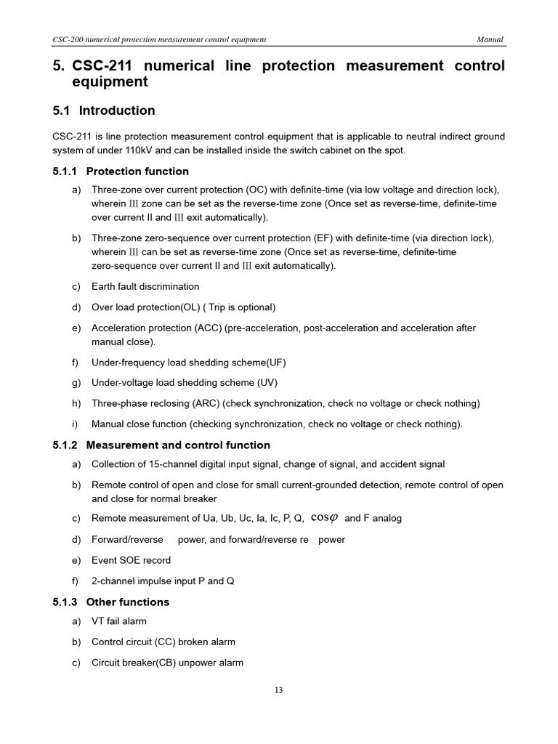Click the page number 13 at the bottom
pos(279,690)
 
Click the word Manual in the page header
pos(490,39)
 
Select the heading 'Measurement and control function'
pos(178,445)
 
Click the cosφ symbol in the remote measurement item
pos(324,518)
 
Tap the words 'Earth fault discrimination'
pos(145,286)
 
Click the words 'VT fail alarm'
pos(119,621)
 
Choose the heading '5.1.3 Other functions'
pos(111,602)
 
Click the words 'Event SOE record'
pos(131,560)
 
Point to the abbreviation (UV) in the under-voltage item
pos(267,382)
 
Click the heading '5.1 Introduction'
pos(104,110)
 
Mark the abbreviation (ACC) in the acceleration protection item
pos(208,328)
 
